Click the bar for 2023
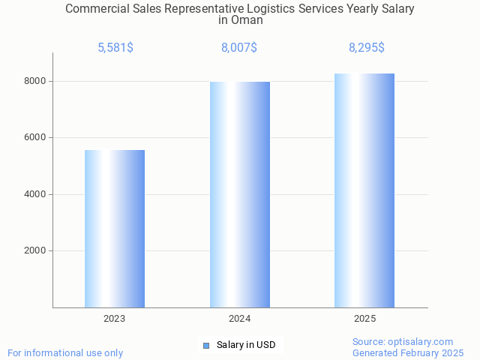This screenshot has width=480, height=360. coord(115,229)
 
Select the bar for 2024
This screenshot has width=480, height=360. coord(240,194)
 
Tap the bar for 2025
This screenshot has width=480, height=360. coord(364,190)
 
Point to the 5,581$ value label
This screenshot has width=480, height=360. coord(115,47)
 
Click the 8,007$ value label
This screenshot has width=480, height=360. coord(239,47)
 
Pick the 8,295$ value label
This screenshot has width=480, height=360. coord(366,47)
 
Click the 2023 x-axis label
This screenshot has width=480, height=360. coord(115,319)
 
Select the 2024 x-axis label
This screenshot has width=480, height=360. coord(240,319)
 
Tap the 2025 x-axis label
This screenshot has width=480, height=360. coord(365,319)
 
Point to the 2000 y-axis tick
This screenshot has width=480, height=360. coord(34,251)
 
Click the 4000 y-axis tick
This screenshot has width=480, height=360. coord(34,194)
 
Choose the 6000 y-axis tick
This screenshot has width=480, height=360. coord(34,138)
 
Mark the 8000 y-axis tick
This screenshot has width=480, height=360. coord(34,81)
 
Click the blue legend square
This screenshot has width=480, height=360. coord(206,345)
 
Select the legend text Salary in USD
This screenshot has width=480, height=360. coord(246,345)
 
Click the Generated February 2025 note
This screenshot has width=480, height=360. coord(408,352)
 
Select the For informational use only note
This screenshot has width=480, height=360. coord(65,352)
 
